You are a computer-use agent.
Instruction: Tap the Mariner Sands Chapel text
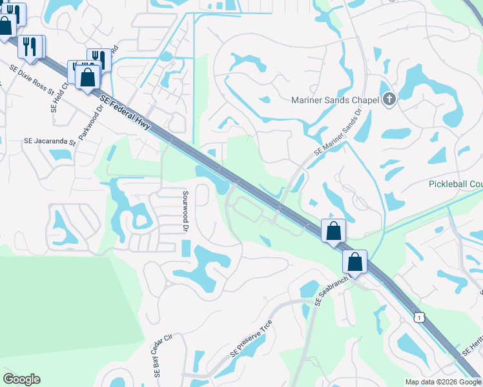pyautogui.click(x=334, y=100)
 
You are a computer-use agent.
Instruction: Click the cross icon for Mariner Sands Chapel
pyautogui.click(x=388, y=100)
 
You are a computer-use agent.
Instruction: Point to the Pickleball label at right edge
pyautogui.click(x=455, y=184)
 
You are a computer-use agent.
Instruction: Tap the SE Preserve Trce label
pyautogui.click(x=251, y=339)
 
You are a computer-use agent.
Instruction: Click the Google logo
pyautogui.click(x=21, y=379)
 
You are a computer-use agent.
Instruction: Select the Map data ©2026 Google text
pyautogui.click(x=444, y=382)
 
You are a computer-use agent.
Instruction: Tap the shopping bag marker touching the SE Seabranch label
pyautogui.click(x=355, y=262)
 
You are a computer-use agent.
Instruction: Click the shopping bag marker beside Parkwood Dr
pyautogui.click(x=87, y=77)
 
